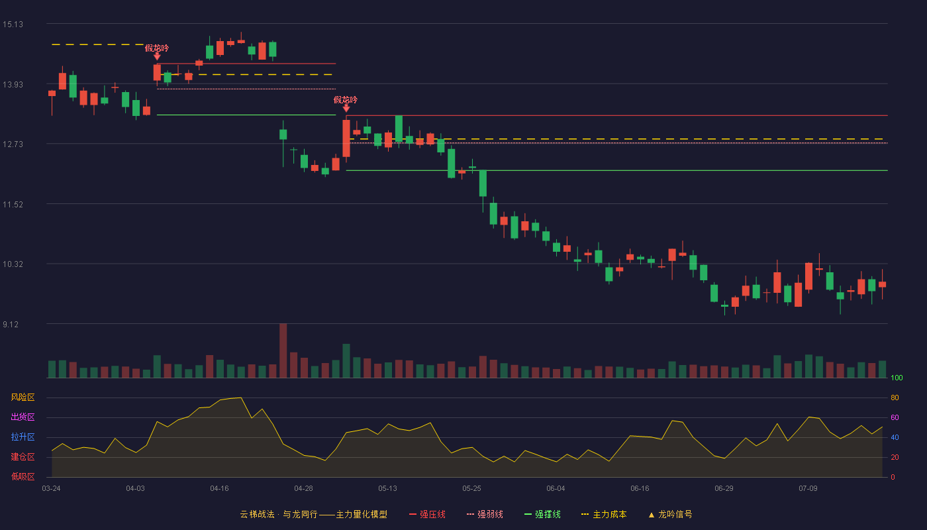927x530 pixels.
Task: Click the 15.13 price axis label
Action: click(13, 25)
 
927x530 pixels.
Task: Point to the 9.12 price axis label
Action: click(11, 324)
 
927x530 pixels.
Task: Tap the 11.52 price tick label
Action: click(13, 205)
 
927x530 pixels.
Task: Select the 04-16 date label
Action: click(219, 489)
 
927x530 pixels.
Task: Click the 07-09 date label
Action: click(808, 489)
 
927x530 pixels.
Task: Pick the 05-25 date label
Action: click(471, 489)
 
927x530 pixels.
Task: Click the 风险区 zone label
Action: click(23, 397)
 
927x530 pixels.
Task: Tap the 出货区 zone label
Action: click(23, 417)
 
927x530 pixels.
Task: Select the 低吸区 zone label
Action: click(23, 476)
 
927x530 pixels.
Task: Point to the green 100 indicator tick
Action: click(897, 378)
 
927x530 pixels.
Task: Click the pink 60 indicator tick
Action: click(895, 417)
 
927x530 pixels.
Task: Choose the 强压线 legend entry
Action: click(427, 514)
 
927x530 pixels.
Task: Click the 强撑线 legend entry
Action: click(542, 514)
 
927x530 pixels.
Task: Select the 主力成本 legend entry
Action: click(604, 514)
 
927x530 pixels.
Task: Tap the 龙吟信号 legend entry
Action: click(670, 514)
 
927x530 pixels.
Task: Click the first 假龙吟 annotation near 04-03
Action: click(157, 48)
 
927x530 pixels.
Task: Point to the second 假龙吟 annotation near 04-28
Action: click(346, 100)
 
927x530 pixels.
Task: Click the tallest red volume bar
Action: click(283, 350)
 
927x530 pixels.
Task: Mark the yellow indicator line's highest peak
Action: click(241, 397)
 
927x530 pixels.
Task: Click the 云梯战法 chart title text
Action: click(258, 514)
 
